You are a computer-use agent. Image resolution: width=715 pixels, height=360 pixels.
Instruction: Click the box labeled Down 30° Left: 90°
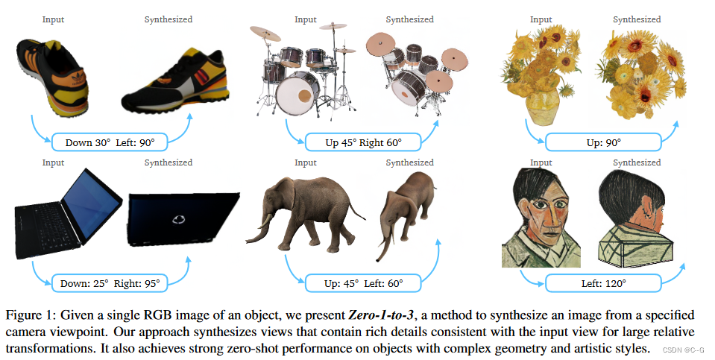(110, 141)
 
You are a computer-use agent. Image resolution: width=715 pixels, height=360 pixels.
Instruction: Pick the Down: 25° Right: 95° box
(110, 283)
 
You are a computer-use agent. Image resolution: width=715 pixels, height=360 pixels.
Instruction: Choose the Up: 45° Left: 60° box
(363, 283)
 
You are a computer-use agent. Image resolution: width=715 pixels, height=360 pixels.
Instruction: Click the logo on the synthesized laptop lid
(177, 220)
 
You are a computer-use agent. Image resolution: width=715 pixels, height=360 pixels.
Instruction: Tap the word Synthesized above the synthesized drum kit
(409, 19)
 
